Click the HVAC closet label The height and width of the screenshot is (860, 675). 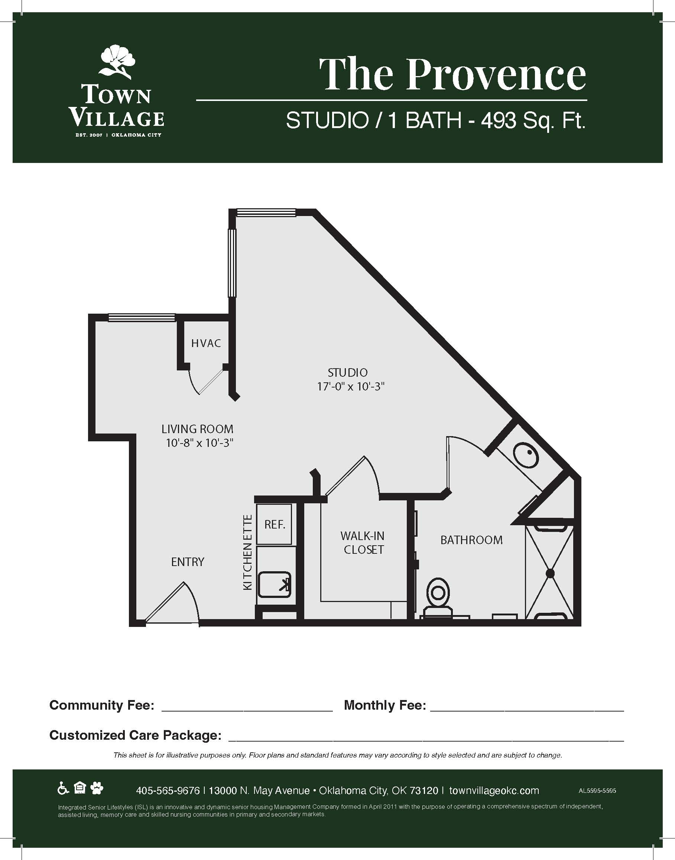(x=206, y=343)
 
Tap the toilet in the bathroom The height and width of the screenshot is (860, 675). (x=438, y=596)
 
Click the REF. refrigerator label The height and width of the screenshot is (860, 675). (x=275, y=524)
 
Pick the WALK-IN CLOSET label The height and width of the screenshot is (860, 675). (x=363, y=543)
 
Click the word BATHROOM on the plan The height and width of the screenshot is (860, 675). (x=471, y=540)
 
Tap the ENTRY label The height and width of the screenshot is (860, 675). (x=188, y=562)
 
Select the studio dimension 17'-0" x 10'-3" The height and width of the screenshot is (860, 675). (x=351, y=386)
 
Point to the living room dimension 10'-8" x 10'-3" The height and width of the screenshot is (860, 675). (x=199, y=443)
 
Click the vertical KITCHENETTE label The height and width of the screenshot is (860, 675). (x=247, y=552)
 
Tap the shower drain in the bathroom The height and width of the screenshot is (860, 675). (x=550, y=573)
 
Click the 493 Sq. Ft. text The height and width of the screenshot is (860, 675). (x=533, y=120)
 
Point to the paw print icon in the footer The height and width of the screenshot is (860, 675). (x=97, y=788)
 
